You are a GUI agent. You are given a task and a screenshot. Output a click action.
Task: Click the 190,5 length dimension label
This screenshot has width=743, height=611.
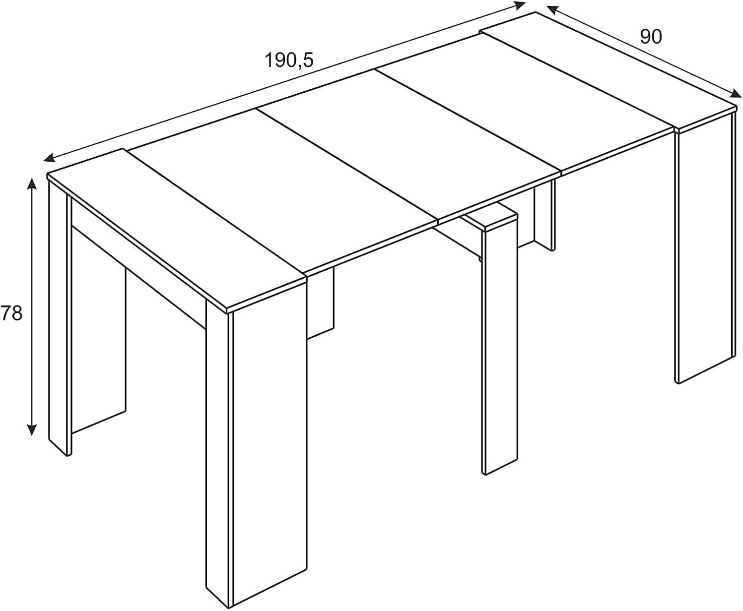(288, 60)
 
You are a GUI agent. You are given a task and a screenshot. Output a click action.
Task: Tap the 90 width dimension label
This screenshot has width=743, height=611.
(651, 37)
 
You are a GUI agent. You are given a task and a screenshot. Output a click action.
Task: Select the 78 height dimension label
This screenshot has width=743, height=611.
(11, 313)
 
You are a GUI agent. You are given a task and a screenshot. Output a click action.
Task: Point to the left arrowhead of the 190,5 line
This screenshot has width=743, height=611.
(49, 158)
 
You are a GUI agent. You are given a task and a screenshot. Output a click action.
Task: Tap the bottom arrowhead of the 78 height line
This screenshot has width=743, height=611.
(32, 430)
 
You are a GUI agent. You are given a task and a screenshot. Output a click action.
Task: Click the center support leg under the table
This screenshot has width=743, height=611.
(501, 352)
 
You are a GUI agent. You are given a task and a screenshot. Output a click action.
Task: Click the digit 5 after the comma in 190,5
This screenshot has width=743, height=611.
(307, 60)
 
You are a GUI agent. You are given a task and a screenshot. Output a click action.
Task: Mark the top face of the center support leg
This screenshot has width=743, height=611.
(490, 220)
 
